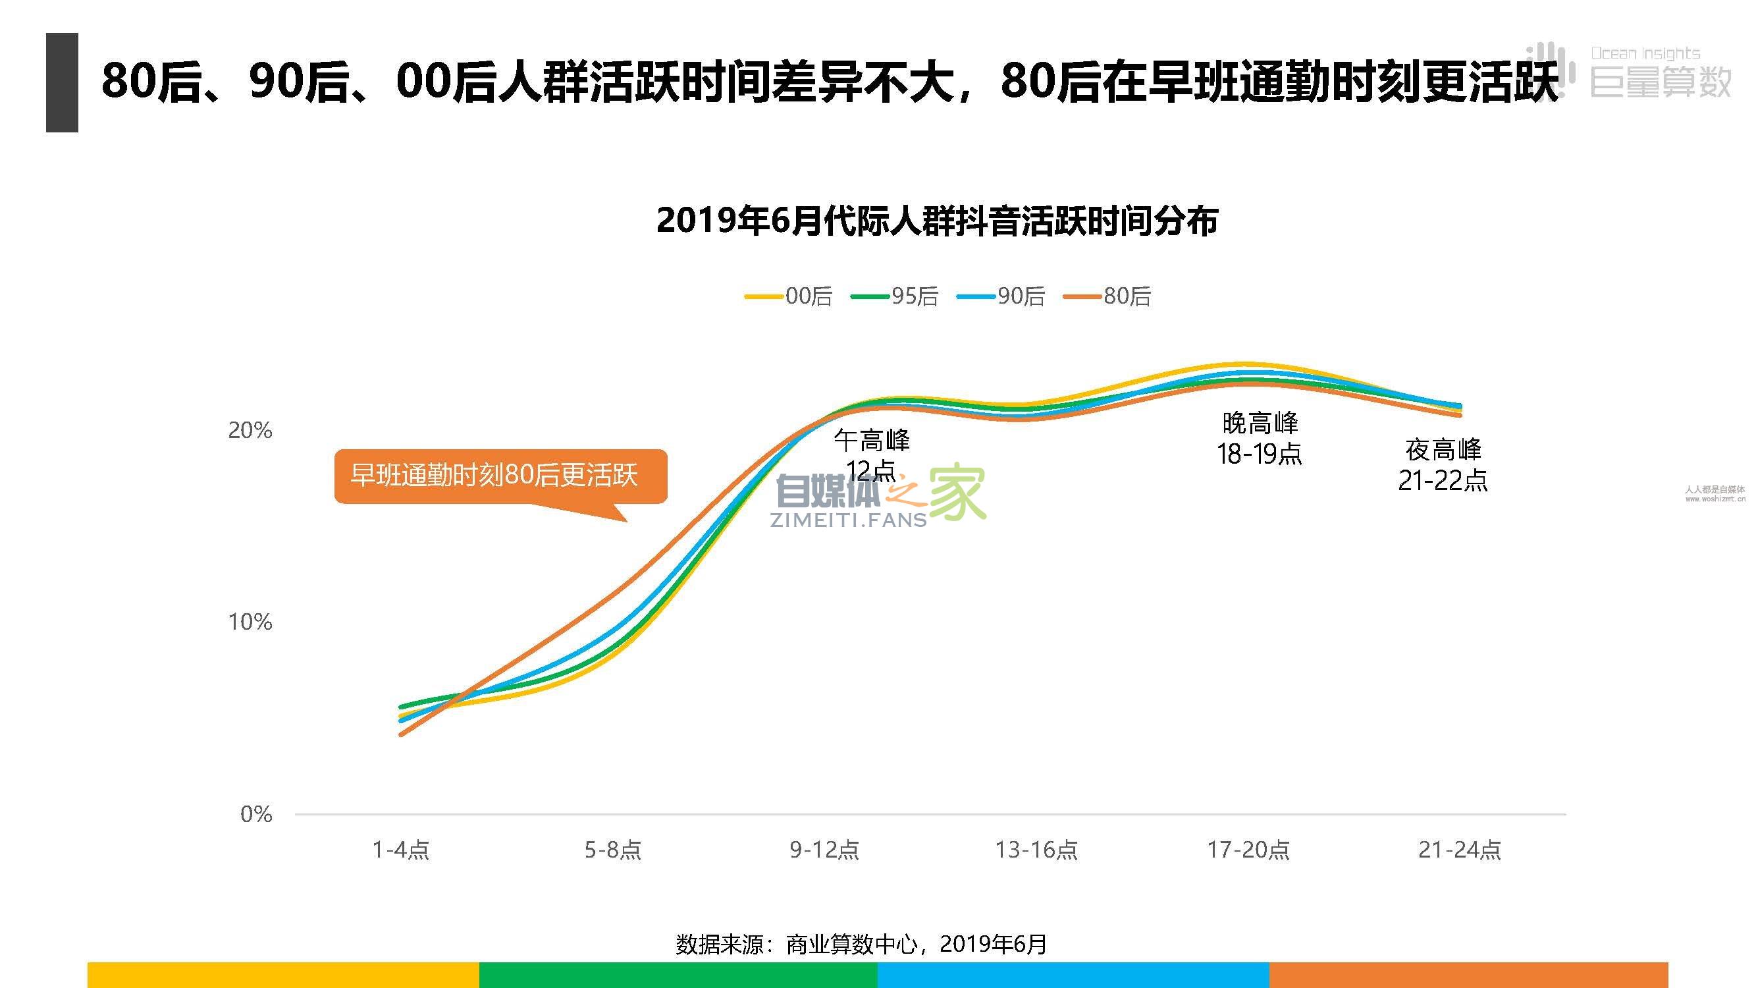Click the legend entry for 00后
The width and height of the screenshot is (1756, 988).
point(789,296)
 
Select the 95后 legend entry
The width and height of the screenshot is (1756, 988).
point(895,296)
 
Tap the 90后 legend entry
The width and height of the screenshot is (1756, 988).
point(1001,296)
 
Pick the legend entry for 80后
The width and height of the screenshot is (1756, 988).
point(1107,296)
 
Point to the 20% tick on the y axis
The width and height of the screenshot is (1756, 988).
point(250,430)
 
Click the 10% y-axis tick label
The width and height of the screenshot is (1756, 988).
point(250,622)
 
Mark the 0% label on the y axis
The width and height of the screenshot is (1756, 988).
point(256,814)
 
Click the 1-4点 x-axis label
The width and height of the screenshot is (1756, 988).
point(401,850)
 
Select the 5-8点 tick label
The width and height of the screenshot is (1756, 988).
point(613,850)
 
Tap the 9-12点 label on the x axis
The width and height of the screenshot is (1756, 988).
point(824,850)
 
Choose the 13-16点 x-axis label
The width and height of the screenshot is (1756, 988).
point(1036,850)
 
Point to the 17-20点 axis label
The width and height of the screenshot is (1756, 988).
point(1248,850)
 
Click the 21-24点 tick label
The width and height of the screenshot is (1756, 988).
point(1460,850)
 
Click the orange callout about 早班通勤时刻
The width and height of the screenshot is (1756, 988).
point(500,476)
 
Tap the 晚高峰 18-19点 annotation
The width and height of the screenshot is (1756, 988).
point(1260,439)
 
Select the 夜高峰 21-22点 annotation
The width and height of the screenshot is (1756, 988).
point(1443,465)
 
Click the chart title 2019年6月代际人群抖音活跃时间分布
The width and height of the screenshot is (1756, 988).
point(937,221)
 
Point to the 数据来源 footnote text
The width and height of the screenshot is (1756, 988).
point(861,944)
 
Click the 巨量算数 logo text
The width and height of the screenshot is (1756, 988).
point(1661,82)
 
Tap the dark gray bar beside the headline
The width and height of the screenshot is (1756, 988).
point(62,82)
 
